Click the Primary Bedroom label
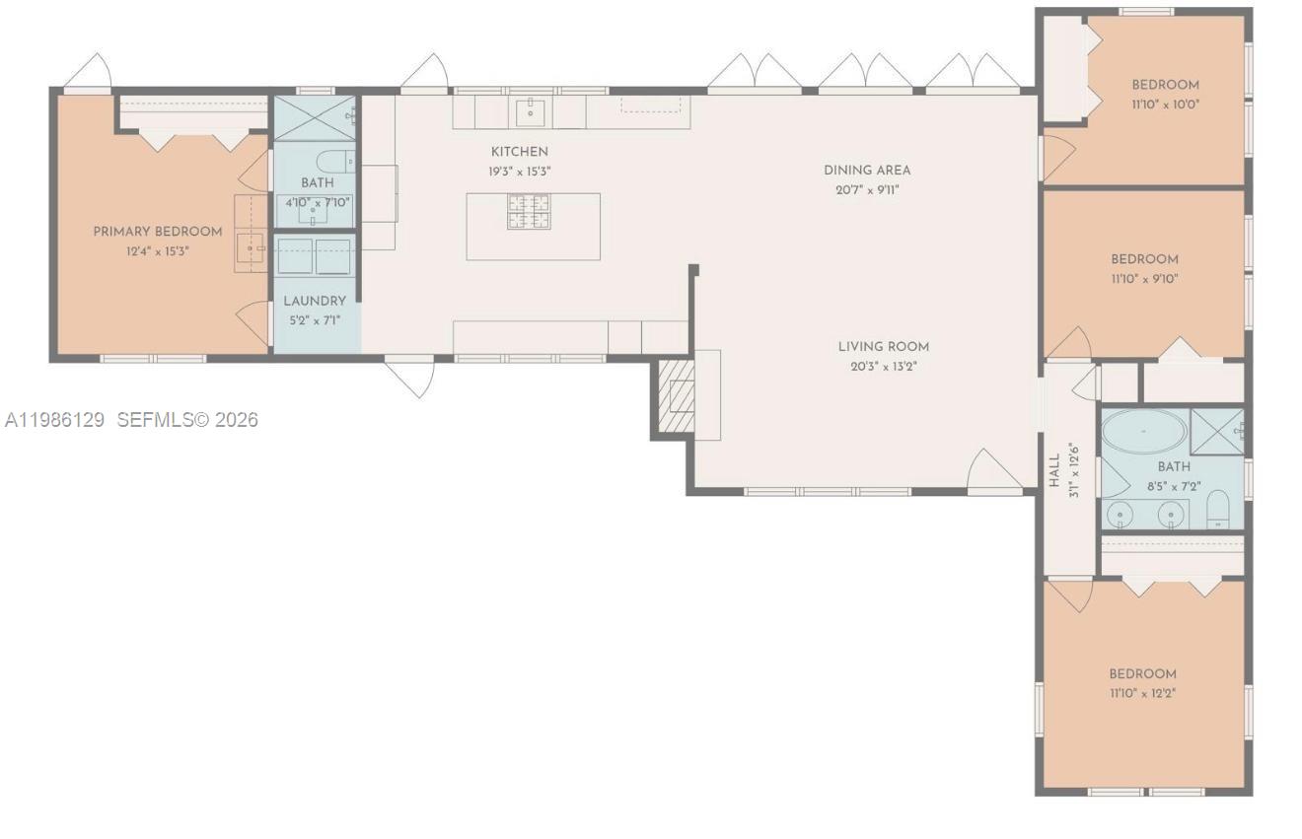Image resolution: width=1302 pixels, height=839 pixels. click(158, 232)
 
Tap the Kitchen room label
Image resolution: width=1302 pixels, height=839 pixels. click(519, 152)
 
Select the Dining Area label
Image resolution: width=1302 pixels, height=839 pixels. click(867, 171)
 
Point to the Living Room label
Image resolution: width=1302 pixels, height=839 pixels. click(883, 347)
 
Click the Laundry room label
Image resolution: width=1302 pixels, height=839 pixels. click(315, 301)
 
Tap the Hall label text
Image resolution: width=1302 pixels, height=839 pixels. click(1054, 470)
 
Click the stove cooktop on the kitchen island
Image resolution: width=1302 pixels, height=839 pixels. click(529, 211)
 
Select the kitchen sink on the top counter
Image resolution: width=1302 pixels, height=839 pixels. click(532, 111)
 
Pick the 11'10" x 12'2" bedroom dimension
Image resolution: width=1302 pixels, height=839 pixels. click(1142, 693)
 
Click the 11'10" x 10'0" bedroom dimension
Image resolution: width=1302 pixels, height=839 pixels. click(1165, 104)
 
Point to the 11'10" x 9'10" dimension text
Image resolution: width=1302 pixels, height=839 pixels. click(1144, 278)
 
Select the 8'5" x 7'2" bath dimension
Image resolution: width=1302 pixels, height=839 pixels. click(1173, 486)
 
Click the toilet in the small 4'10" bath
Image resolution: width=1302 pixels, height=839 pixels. click(334, 161)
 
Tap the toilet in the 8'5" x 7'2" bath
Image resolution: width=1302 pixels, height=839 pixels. click(1219, 510)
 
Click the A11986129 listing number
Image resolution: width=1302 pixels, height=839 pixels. click(54, 420)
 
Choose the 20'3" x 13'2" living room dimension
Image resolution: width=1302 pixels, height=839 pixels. click(883, 367)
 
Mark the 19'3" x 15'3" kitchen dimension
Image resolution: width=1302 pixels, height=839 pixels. click(519, 171)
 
